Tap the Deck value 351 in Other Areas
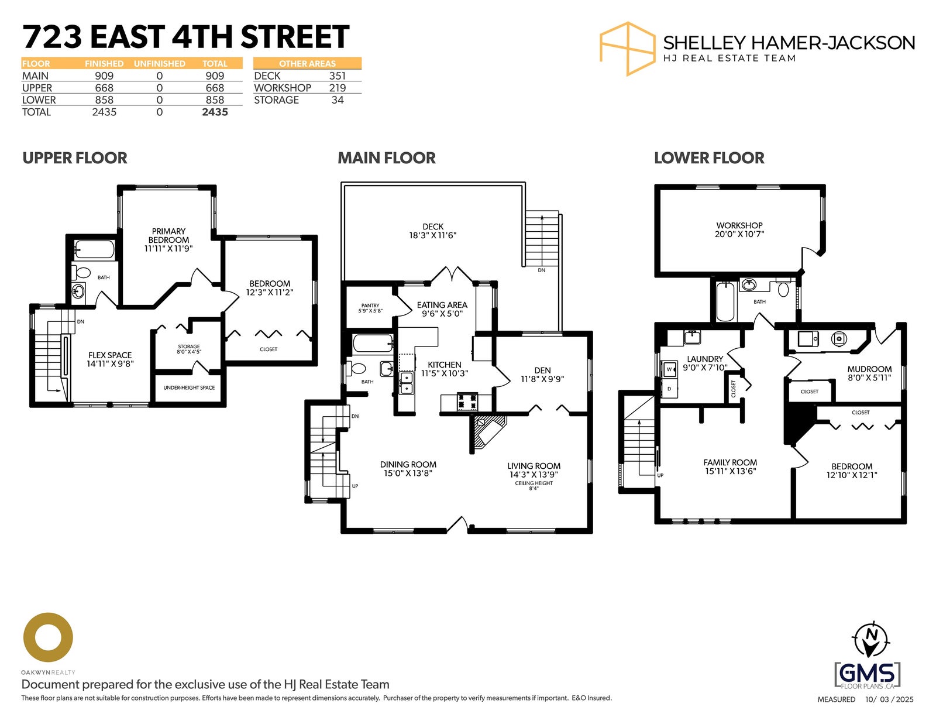point(338,76)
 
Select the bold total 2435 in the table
point(215,112)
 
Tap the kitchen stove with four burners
point(467,402)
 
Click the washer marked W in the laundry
point(669,369)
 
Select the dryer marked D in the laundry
point(669,389)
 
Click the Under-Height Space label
point(189,387)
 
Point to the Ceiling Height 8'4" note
point(534,486)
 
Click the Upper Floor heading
point(75,158)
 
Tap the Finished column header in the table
point(104,64)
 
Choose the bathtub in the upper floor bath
point(95,249)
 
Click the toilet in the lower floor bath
point(783,287)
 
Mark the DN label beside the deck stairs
point(542,270)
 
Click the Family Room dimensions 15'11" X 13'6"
point(730,471)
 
